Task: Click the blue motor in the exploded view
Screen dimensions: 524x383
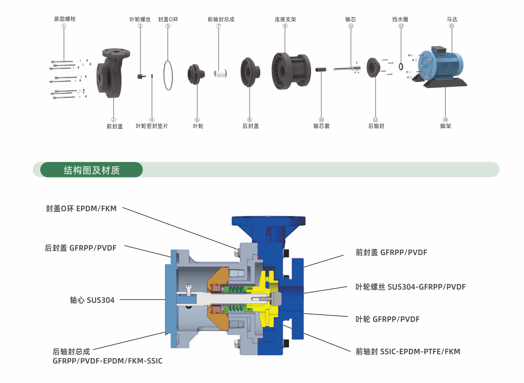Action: point(441,65)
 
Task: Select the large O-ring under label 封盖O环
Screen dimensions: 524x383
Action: point(164,75)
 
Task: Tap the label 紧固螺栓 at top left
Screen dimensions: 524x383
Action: point(65,19)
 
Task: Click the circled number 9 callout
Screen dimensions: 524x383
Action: point(285,26)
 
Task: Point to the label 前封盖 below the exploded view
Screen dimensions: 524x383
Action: point(115,126)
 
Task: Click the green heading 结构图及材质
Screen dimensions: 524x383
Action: point(92,170)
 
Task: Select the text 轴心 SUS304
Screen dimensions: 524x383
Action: point(92,300)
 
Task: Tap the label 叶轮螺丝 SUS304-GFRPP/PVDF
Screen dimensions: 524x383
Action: point(411,287)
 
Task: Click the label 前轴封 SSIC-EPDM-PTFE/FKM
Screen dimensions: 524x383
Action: point(408,352)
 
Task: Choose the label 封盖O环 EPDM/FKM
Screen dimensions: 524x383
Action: point(81,209)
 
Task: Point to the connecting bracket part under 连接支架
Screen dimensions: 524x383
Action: point(291,71)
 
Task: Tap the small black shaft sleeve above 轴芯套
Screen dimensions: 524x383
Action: point(321,70)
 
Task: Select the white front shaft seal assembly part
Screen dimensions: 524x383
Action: point(220,73)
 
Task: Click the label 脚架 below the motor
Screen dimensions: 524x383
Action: point(446,126)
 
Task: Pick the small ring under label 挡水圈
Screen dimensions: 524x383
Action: point(401,66)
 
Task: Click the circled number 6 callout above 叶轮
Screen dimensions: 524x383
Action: point(197,120)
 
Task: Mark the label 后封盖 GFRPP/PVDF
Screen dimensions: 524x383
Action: point(81,248)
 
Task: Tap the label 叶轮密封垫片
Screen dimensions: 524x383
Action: point(152,126)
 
